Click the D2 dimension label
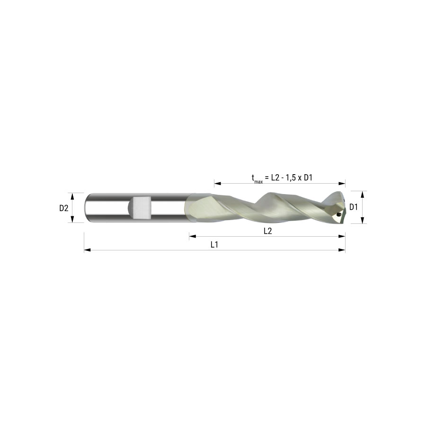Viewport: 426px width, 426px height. (64, 208)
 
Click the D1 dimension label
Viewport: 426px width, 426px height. (354, 207)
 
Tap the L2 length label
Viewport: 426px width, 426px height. (267, 231)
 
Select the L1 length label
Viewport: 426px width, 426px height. (214, 245)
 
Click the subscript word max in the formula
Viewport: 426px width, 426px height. (258, 182)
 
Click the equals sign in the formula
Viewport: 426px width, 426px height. (266, 178)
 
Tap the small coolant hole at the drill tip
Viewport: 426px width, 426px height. (338, 214)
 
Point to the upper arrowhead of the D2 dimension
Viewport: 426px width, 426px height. (72, 196)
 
